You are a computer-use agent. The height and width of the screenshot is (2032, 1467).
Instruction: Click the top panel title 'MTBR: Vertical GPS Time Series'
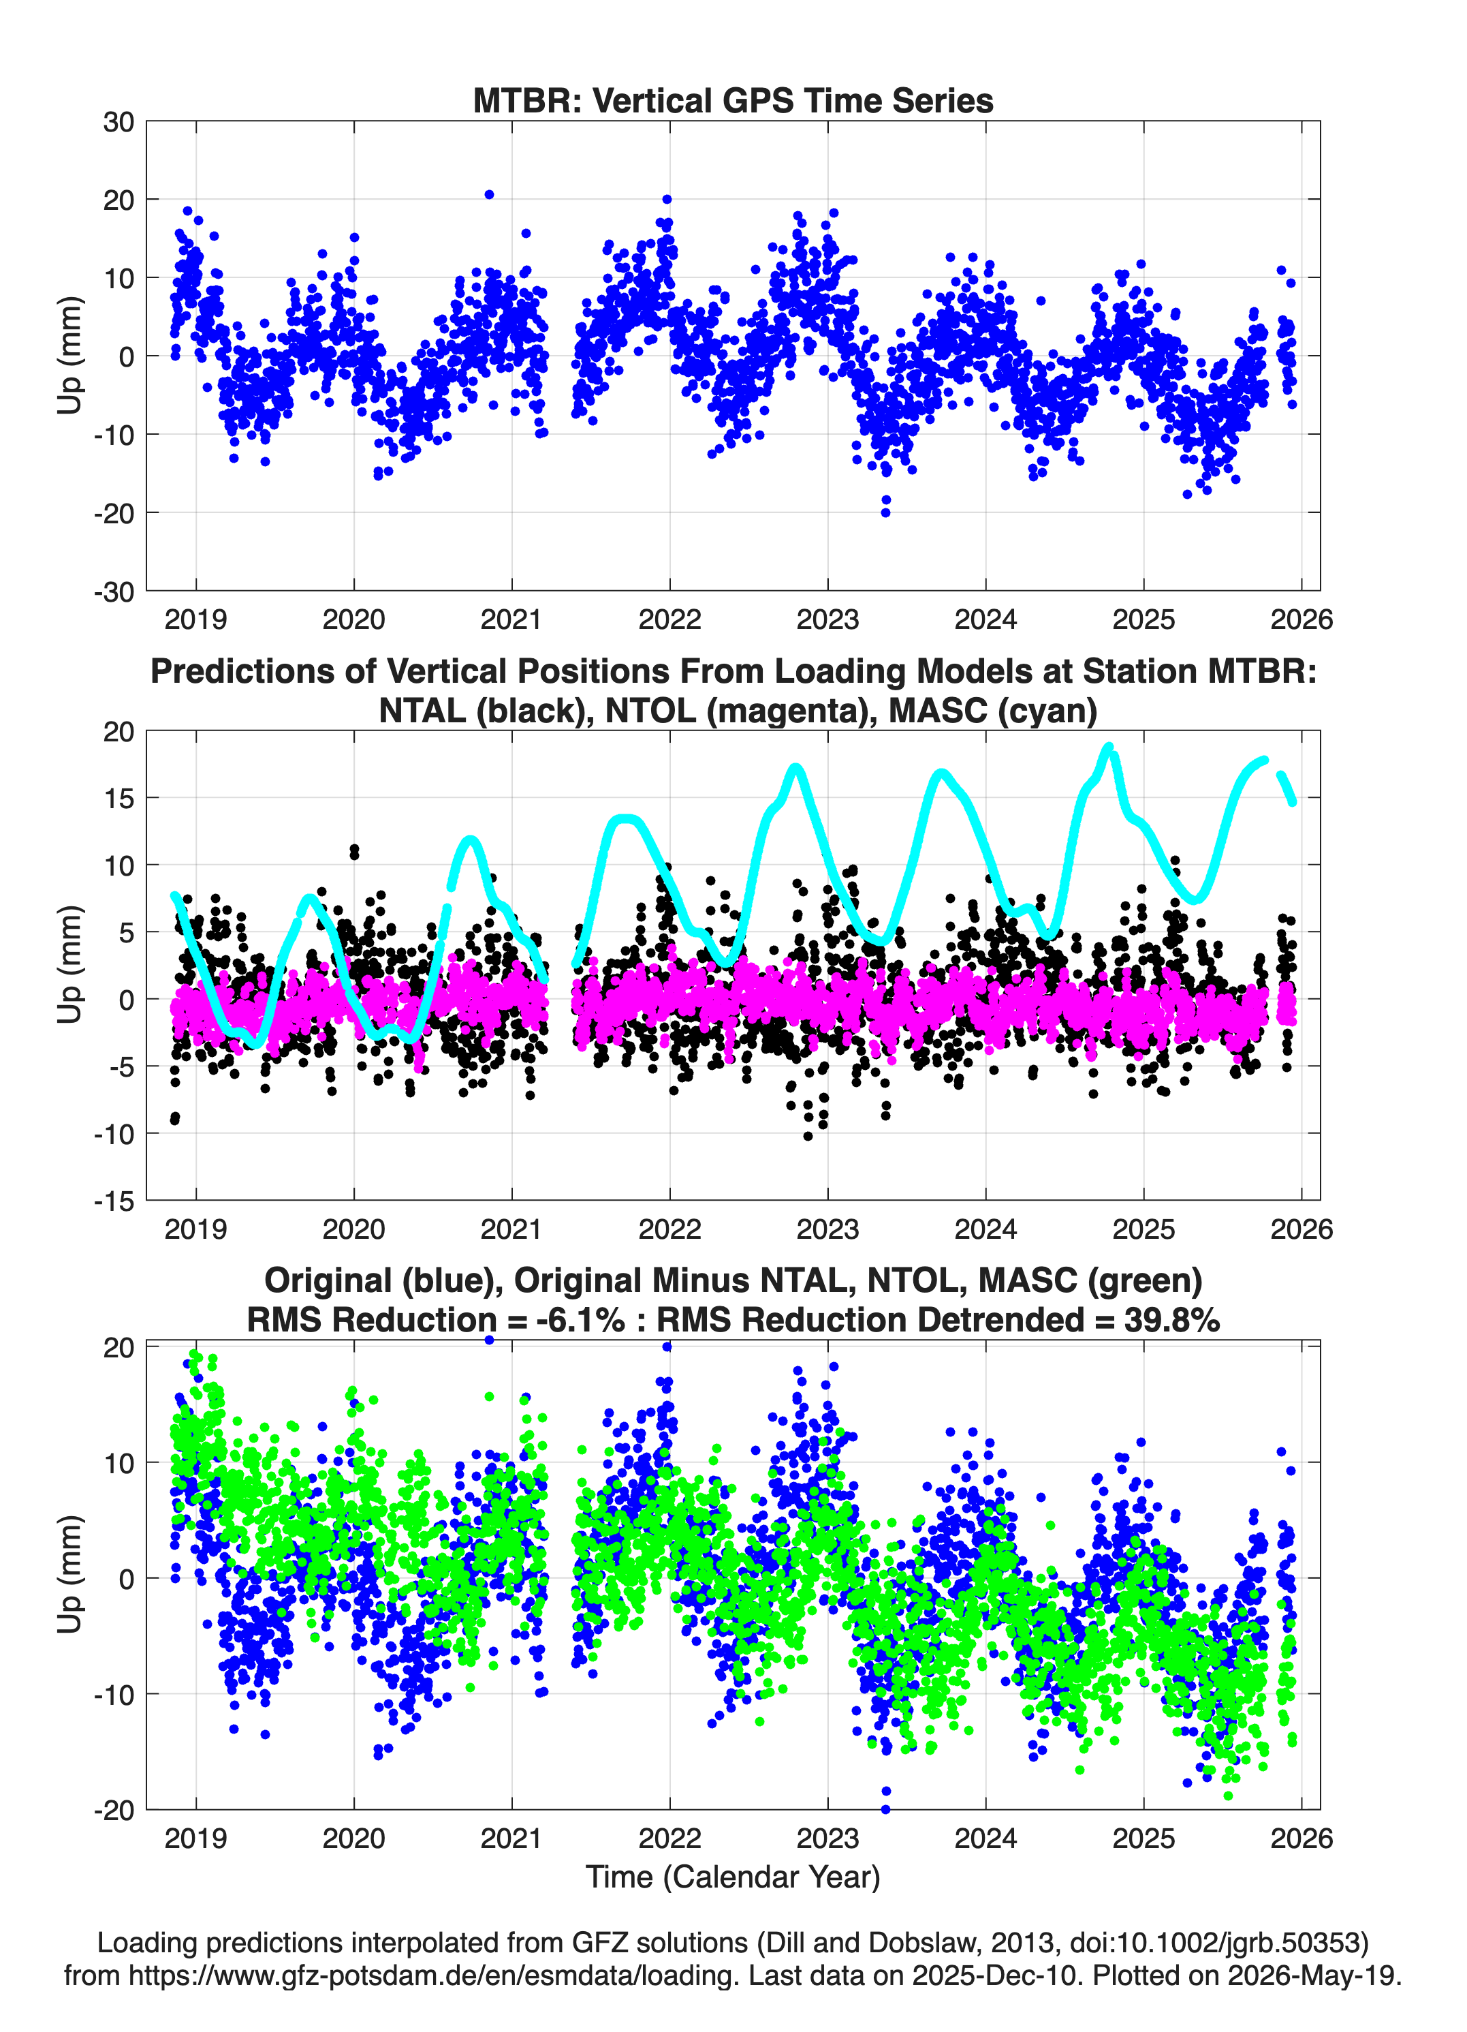click(x=733, y=100)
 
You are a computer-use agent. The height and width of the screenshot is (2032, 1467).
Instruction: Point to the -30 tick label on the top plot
click(x=114, y=591)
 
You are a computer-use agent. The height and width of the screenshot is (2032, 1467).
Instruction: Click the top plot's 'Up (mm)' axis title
click(x=70, y=356)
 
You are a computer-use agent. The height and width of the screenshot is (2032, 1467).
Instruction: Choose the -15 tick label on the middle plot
click(x=114, y=1201)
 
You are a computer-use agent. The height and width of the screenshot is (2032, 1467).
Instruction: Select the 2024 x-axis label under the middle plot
click(x=986, y=1229)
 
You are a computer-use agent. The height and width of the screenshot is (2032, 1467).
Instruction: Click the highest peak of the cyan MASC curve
click(x=1109, y=746)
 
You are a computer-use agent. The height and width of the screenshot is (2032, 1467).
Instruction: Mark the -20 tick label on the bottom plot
click(x=114, y=1810)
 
